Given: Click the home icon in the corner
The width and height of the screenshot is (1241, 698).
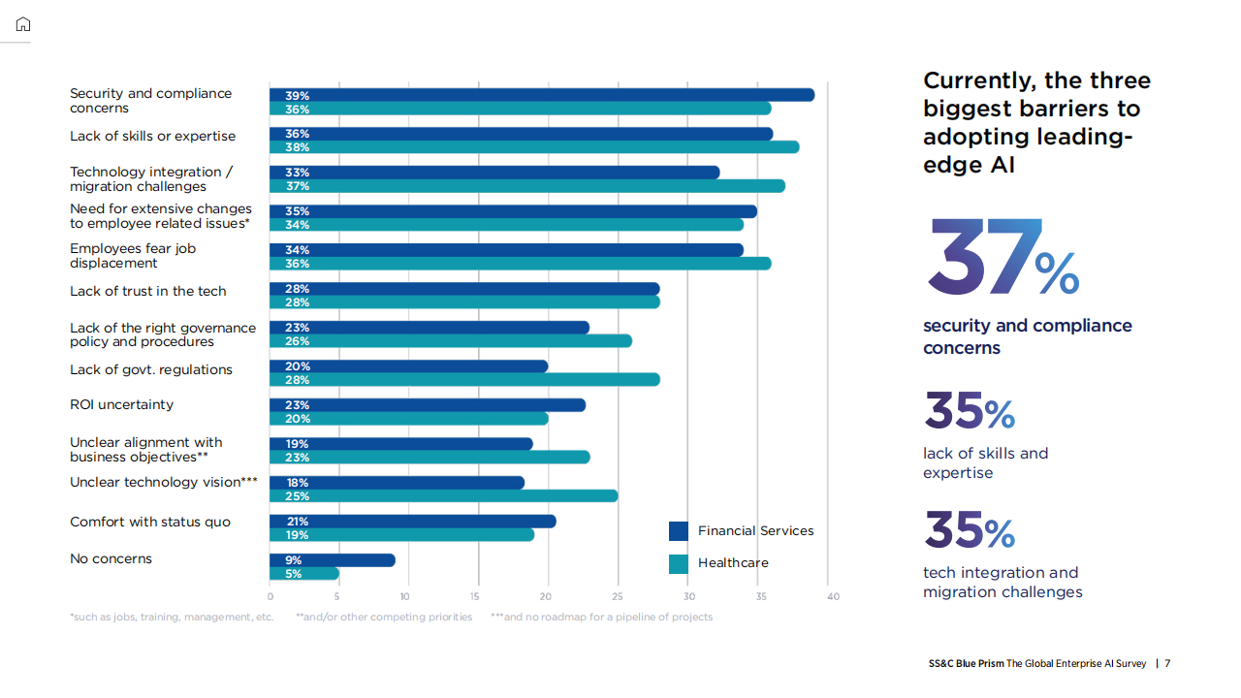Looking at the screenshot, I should (x=23, y=24).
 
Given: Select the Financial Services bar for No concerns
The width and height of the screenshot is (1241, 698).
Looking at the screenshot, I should (x=333, y=560).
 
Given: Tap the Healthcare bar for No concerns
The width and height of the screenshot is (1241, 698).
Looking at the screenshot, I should (x=304, y=574).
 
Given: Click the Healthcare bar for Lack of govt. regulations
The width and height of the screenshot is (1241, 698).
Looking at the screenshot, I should (x=464, y=380).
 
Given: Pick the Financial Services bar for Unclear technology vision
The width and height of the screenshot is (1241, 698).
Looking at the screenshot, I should (x=397, y=483).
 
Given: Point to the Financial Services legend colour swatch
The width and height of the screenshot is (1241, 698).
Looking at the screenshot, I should (x=679, y=531).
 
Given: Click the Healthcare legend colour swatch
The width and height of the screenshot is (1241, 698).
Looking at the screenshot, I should (x=679, y=563).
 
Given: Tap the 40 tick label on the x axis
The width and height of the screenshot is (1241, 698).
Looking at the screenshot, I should (x=833, y=596).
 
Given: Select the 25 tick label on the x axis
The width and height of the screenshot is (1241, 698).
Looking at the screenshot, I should (x=618, y=596).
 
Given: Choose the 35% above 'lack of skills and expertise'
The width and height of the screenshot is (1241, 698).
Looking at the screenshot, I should (x=969, y=411).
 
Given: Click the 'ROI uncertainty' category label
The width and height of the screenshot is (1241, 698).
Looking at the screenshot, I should (x=121, y=404).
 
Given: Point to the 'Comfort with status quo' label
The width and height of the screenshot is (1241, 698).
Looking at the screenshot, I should (x=150, y=522).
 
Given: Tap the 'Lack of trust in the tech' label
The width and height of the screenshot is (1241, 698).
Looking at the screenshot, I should (x=147, y=291).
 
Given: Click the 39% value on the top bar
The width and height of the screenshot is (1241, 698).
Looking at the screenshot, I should (x=297, y=96).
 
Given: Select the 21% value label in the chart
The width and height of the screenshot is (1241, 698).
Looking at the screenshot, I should (x=297, y=522).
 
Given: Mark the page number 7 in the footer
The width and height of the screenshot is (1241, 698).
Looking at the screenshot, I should (x=1167, y=664).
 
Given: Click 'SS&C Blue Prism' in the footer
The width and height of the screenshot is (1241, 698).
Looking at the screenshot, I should (x=966, y=664).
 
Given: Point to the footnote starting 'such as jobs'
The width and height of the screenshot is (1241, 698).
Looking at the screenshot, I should (x=173, y=618).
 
